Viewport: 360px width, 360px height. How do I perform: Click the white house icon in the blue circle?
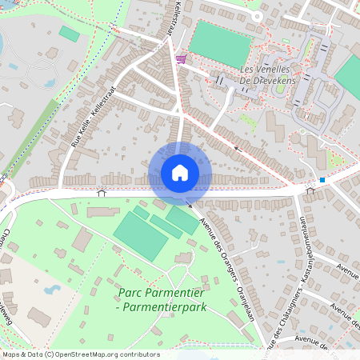point(180,173)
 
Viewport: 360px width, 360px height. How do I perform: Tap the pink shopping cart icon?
point(182,58)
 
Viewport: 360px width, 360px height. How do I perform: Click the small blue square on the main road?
point(322,180)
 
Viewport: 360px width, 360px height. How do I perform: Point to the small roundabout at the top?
point(258,15)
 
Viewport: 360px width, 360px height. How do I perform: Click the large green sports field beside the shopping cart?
point(220,43)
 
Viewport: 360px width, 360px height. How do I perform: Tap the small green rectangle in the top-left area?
point(70,34)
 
